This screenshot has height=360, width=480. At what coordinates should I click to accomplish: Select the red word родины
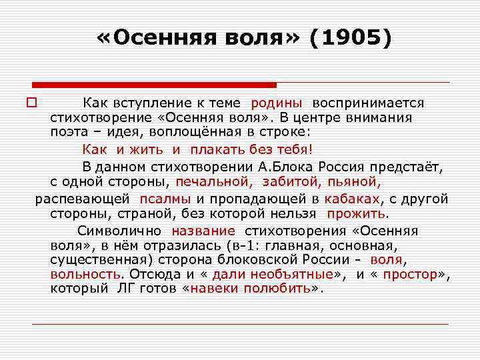coord(277,103)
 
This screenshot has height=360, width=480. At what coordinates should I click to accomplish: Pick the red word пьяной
coord(355,181)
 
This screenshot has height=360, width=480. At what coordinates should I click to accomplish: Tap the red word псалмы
coord(165,199)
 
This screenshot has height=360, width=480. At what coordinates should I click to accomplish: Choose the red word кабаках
coord(352,199)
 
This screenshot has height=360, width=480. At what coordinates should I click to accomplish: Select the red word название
coord(203,231)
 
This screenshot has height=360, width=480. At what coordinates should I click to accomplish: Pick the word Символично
coord(119,231)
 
